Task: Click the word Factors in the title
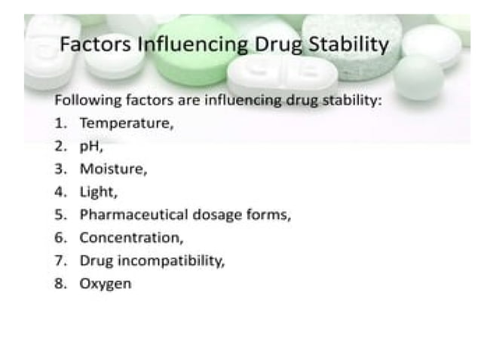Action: click(95, 45)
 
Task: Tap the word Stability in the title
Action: click(351, 45)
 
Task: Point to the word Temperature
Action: click(126, 123)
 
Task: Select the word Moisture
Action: click(112, 169)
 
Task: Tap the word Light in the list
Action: click(97, 192)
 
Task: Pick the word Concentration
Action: click(130, 238)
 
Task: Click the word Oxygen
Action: click(105, 285)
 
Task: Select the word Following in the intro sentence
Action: click(83, 100)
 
